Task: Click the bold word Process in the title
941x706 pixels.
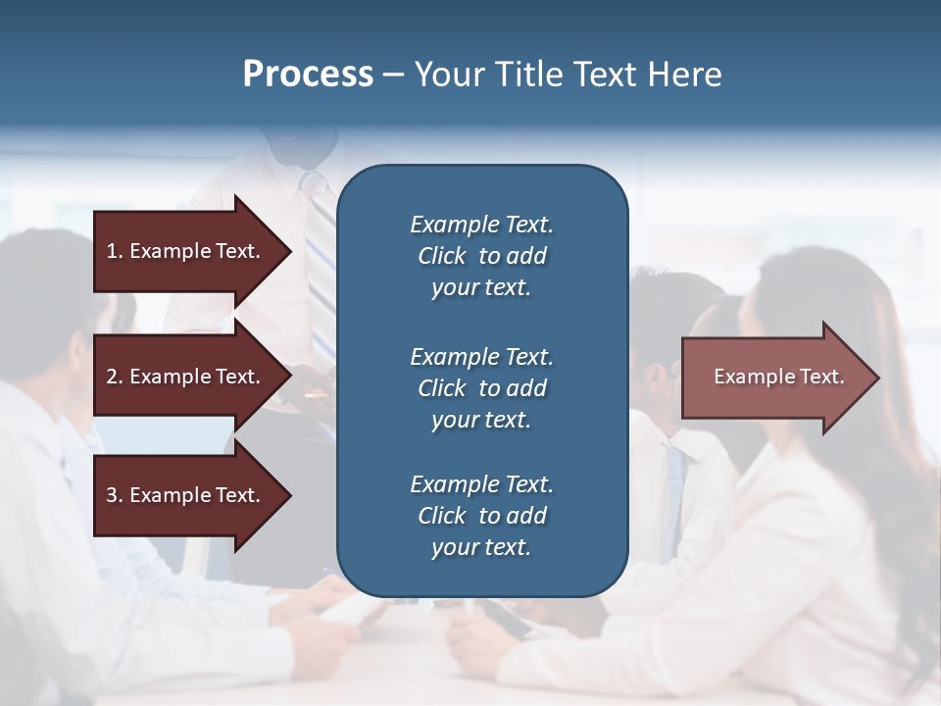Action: [x=308, y=75]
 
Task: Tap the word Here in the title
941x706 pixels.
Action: [x=683, y=75]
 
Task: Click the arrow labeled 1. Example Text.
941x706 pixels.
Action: [x=186, y=251]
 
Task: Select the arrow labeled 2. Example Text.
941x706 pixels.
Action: [x=186, y=377]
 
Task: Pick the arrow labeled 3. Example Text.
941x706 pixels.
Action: [x=186, y=495]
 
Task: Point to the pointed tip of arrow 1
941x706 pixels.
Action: [x=289, y=251]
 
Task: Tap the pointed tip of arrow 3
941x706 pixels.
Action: [x=289, y=495]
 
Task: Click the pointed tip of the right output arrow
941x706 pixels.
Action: [x=877, y=378]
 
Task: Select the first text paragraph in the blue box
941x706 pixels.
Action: [x=481, y=256]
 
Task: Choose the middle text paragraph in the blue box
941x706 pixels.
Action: [x=481, y=388]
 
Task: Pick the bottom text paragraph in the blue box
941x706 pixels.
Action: [x=481, y=516]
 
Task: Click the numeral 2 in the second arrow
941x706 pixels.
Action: [x=112, y=377]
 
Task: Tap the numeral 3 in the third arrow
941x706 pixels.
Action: [x=112, y=495]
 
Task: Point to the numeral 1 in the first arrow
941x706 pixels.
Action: [x=112, y=251]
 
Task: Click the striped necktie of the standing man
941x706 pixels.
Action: [x=320, y=255]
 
